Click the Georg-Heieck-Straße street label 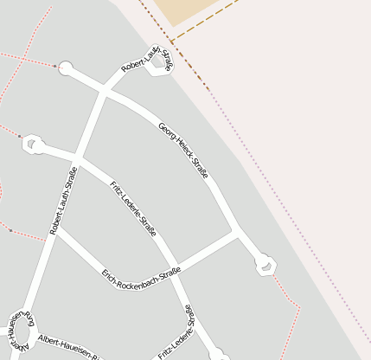(183, 151)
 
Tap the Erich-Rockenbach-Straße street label (141, 276)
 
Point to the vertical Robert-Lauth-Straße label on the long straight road (63, 201)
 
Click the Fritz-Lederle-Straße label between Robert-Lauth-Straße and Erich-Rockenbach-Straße (133, 208)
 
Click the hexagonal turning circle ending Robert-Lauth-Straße (159, 67)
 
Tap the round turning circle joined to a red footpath (66, 67)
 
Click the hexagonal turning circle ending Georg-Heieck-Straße (267, 266)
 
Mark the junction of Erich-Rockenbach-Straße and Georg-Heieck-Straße (235, 231)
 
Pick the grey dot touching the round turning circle (56, 66)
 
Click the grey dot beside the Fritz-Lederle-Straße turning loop (20, 136)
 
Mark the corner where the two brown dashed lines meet (171, 41)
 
